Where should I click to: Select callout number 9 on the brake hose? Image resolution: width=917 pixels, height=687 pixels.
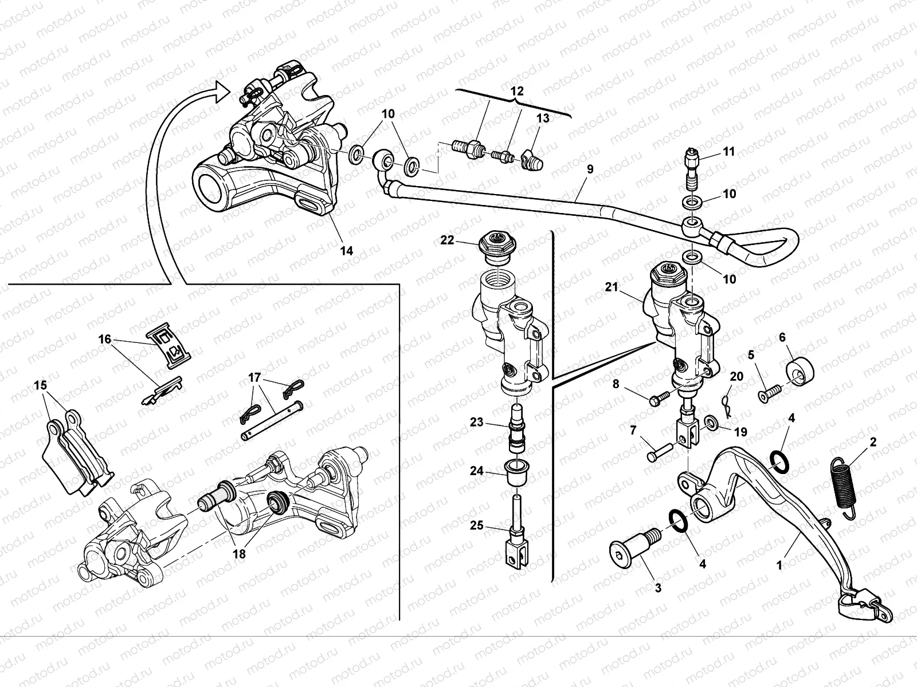click(590, 169)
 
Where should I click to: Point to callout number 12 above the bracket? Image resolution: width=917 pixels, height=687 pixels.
click(517, 91)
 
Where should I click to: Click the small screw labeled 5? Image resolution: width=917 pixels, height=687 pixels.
click(769, 394)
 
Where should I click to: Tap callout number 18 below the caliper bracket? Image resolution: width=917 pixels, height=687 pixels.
click(239, 554)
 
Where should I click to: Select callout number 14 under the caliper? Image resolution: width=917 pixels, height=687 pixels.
click(346, 250)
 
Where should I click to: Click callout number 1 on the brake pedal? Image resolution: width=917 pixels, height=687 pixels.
click(779, 565)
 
